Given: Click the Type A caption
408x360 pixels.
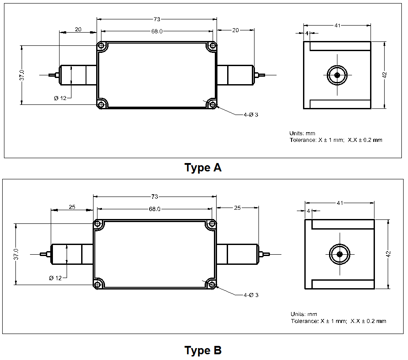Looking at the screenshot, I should [x=203, y=168].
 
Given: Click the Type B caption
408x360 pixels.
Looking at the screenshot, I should [x=203, y=351].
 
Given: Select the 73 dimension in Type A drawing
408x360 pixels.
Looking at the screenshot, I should [x=157, y=19].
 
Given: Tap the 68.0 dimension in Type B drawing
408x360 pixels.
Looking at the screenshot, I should [x=154, y=209].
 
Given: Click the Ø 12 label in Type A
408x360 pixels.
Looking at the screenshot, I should [x=60, y=98].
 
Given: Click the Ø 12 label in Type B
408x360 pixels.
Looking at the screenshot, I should [x=56, y=278].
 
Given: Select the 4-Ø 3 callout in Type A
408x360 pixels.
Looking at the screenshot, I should [x=251, y=115].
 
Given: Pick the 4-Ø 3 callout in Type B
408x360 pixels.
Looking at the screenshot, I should [x=251, y=295].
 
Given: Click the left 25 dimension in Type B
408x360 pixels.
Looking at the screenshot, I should [x=72, y=207].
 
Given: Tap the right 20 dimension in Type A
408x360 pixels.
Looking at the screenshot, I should [x=236, y=30].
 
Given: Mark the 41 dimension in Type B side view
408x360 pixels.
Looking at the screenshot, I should [x=340, y=203].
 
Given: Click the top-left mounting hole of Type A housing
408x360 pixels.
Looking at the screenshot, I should [x=102, y=46].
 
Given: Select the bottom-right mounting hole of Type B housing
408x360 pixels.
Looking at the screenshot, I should [x=212, y=284].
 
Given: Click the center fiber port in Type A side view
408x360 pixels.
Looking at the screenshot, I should [x=337, y=75].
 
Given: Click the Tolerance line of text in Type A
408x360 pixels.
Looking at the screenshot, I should [x=336, y=140].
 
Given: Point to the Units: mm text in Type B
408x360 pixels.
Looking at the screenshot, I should [x=303, y=314].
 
